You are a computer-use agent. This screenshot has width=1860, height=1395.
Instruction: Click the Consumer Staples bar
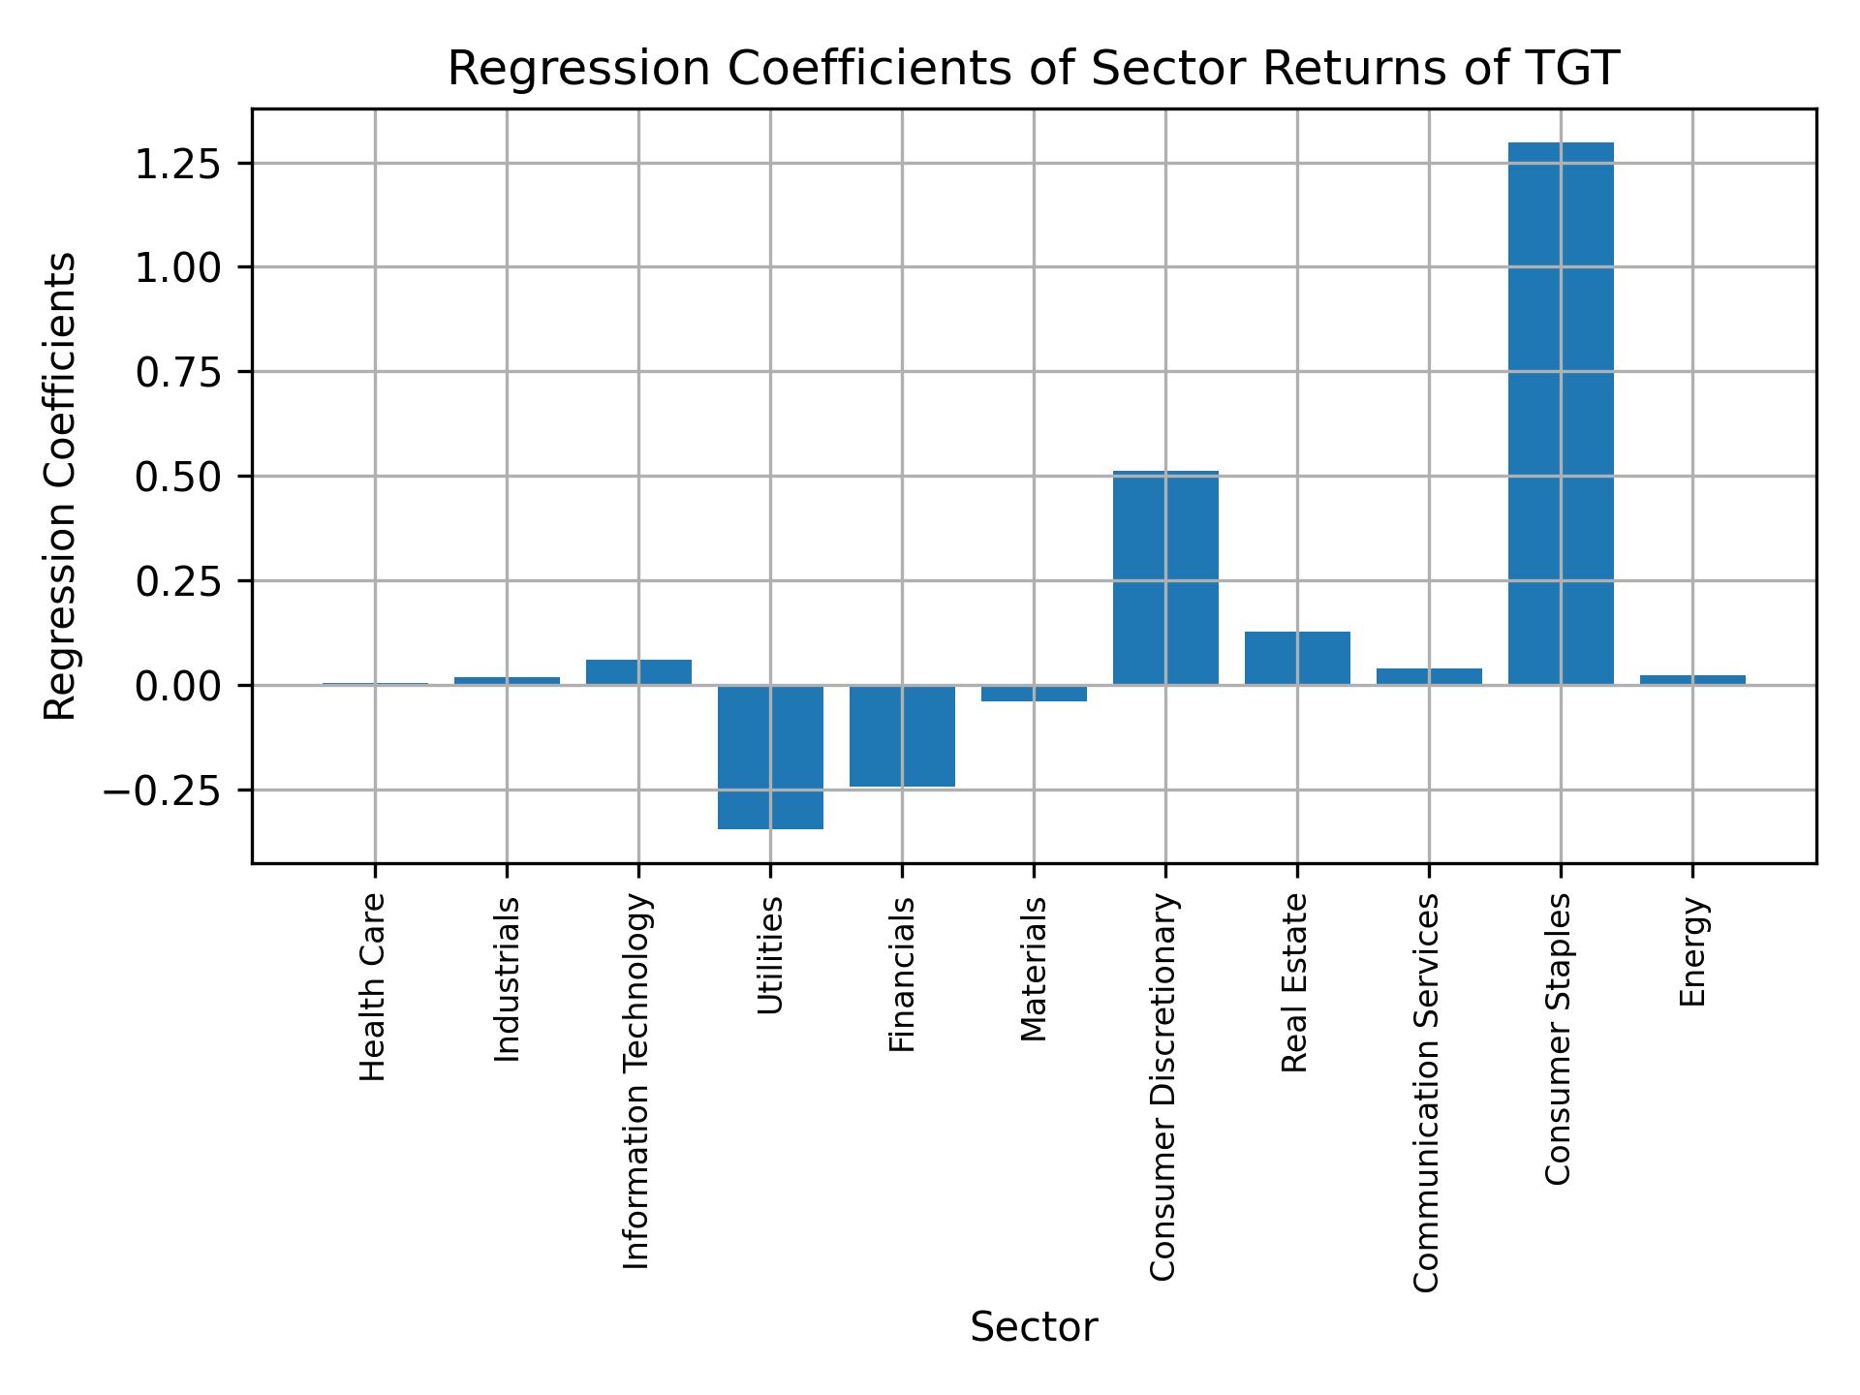tap(1561, 414)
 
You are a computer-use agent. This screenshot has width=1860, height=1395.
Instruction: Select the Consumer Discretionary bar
tap(1165, 578)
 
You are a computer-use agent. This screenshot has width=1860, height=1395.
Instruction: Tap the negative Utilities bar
tap(770, 758)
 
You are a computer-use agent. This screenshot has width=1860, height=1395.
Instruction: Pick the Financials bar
tap(902, 736)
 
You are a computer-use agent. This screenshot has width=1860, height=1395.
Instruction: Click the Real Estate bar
tap(1297, 659)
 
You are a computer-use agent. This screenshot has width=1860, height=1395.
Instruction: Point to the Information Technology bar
tap(638, 672)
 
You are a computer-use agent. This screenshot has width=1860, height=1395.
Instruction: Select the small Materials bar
tap(1034, 694)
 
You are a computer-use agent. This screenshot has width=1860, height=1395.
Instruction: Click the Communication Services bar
tap(1429, 676)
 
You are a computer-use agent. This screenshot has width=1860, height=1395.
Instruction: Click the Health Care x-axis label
tap(373, 986)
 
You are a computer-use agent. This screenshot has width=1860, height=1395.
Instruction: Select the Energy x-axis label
tap(1691, 952)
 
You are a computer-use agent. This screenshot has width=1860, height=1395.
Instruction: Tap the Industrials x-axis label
tap(507, 978)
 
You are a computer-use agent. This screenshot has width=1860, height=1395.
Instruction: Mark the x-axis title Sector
tap(1034, 1328)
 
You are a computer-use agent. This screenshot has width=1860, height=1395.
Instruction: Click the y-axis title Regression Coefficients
tap(60, 485)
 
